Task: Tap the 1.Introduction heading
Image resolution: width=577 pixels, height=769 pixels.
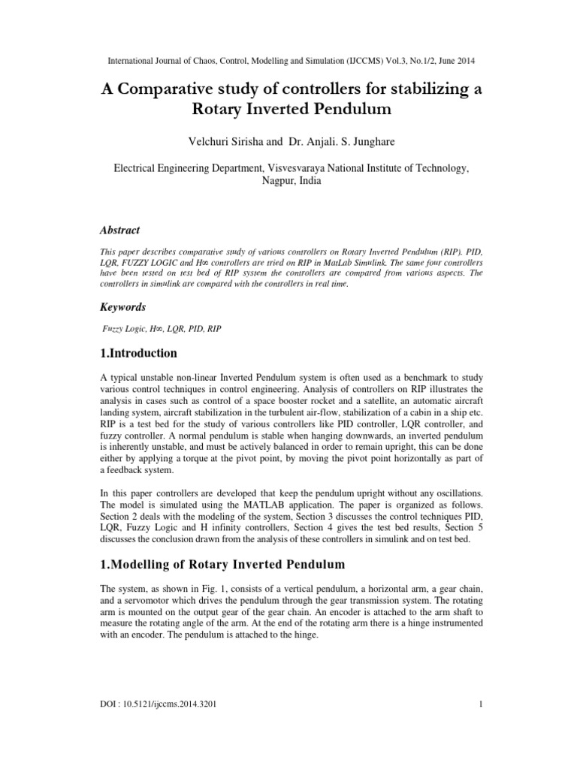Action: (x=139, y=353)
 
